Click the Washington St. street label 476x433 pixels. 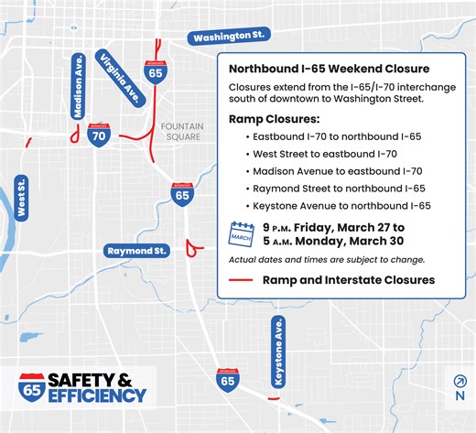point(228,37)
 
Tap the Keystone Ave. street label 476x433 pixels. point(278,352)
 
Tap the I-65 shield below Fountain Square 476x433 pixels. point(183,193)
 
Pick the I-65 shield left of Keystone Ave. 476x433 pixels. point(228,380)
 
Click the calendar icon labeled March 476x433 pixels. point(242,235)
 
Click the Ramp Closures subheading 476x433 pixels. point(274,120)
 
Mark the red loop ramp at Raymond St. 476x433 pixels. point(191,247)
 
